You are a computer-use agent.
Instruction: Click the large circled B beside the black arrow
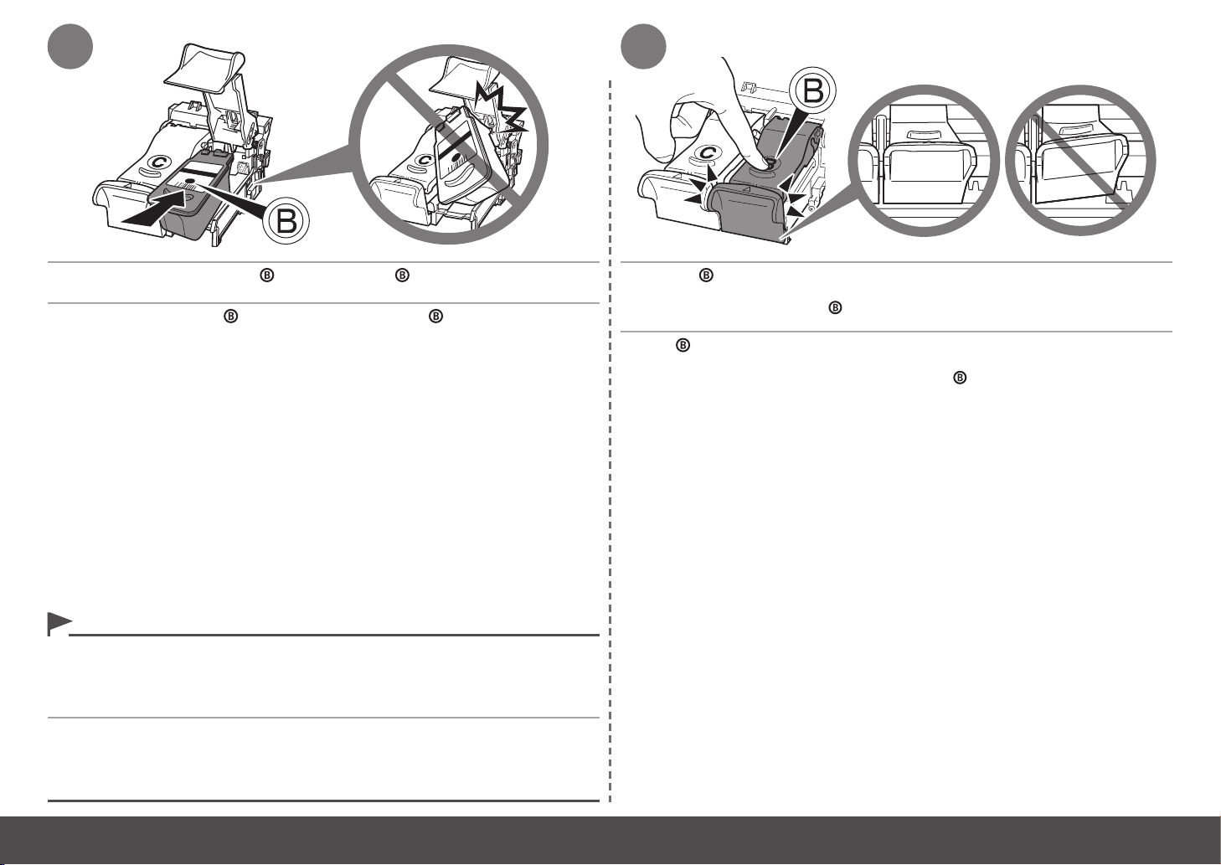click(x=286, y=221)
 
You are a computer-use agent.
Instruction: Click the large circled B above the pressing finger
click(x=812, y=91)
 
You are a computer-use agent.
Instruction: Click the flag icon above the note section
click(x=59, y=624)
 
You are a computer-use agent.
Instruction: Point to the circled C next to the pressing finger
click(x=707, y=153)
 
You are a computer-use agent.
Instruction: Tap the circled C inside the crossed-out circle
click(x=424, y=161)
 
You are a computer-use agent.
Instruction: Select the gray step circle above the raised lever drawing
click(x=70, y=46)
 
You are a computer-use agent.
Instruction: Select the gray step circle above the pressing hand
click(x=643, y=46)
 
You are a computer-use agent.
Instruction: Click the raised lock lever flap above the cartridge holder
click(x=203, y=66)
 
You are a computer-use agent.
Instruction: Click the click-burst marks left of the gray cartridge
click(x=700, y=188)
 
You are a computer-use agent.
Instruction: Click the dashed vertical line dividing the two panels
click(x=610, y=441)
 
